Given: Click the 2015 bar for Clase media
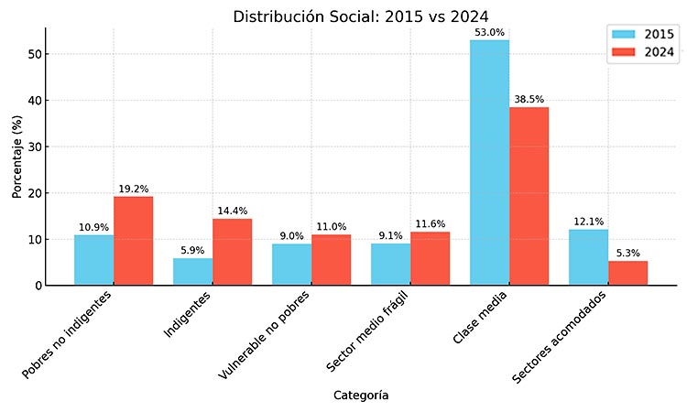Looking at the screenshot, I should (x=489, y=163).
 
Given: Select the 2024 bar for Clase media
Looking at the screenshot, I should (x=529, y=196).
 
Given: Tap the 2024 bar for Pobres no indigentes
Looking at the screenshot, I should (x=134, y=241).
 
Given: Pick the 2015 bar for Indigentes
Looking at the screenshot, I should (x=192, y=271).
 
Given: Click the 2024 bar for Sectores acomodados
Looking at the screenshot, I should (x=627, y=273).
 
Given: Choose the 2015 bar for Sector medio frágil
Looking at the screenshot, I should (x=390, y=264).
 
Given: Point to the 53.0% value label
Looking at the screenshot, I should (x=489, y=33).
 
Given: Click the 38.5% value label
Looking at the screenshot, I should (x=529, y=100).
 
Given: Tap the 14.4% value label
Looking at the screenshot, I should (x=233, y=211).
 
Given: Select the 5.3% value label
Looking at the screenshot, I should (x=627, y=254).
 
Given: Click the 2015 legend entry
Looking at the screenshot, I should (x=644, y=35).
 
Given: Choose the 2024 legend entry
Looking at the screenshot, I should (x=644, y=52).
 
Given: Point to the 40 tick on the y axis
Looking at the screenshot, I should (x=33, y=100).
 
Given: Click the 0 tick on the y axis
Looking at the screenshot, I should (x=36, y=286).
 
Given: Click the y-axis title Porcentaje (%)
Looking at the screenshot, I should (x=16, y=157).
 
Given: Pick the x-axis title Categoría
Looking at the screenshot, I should (x=360, y=396).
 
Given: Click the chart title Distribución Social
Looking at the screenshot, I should (x=360, y=16).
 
